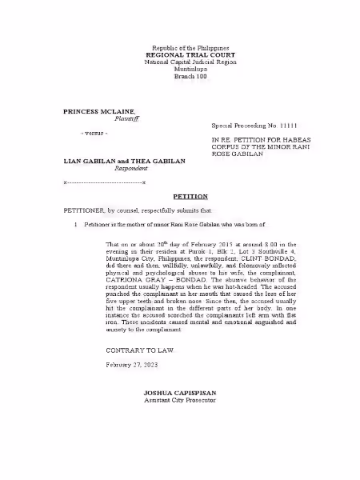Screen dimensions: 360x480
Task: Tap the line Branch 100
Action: click(184, 75)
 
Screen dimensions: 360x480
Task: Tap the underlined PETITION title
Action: click(184, 196)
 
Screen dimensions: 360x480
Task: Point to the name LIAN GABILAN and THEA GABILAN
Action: click(124, 161)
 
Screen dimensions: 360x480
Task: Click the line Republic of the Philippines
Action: click(184, 48)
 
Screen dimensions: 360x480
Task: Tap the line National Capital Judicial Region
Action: click(184, 62)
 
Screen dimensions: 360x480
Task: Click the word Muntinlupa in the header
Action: click(184, 69)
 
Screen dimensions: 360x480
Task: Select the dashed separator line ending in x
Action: click(104, 183)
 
